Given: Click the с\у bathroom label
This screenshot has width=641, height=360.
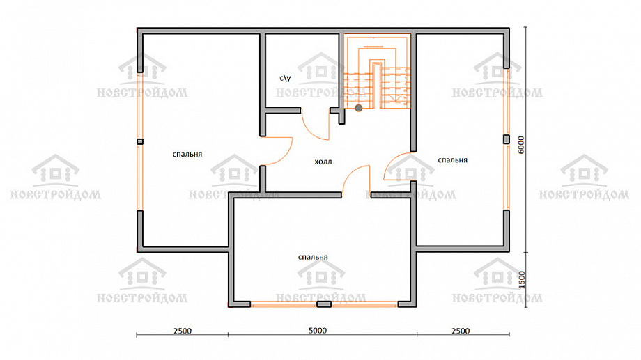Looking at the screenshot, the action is pyautogui.click(x=285, y=77).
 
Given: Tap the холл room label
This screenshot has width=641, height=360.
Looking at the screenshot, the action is pyautogui.click(x=323, y=162).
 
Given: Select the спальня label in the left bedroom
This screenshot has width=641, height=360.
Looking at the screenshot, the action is pyautogui.click(x=187, y=155).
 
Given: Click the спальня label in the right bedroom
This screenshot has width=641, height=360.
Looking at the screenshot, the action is pyautogui.click(x=453, y=160).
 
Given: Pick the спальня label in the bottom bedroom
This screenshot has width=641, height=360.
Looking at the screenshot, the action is pyautogui.click(x=313, y=257).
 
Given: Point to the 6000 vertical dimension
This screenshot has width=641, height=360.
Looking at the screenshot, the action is pyautogui.click(x=521, y=145).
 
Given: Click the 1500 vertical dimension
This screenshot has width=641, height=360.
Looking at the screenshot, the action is pyautogui.click(x=522, y=279).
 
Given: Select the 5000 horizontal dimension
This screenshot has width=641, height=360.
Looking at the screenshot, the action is pyautogui.click(x=318, y=331).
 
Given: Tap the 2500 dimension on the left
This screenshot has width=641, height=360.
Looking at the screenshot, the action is pyautogui.click(x=183, y=331).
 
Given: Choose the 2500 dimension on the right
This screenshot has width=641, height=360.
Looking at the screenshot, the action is pyautogui.click(x=461, y=331).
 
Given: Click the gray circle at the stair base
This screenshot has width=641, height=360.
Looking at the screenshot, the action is pyautogui.click(x=359, y=109).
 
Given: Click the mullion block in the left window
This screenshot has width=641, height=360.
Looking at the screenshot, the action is pyautogui.click(x=140, y=142).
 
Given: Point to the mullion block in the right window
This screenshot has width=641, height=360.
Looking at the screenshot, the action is pyautogui.click(x=506, y=139).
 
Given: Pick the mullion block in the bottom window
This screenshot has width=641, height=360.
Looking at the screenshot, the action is pyautogui.click(x=324, y=304).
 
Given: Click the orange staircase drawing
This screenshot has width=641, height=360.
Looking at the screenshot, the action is pyautogui.click(x=377, y=72).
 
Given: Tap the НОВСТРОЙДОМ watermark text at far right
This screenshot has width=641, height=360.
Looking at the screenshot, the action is pyautogui.click(x=584, y=194).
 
